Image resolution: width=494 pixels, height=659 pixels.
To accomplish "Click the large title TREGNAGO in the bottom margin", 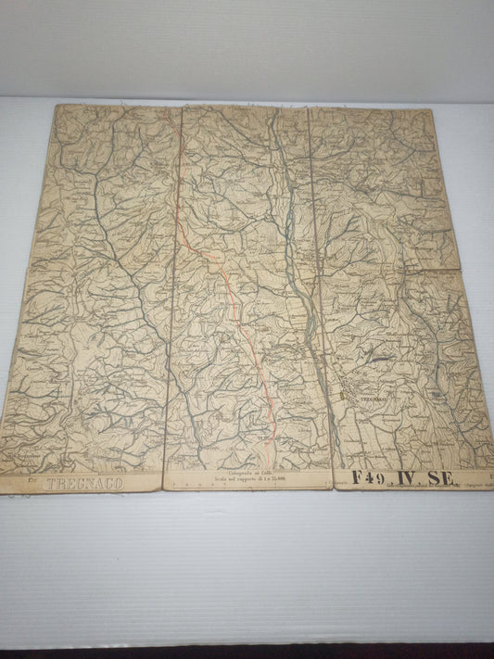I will tap(83, 484).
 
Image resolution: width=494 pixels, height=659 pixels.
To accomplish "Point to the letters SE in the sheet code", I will tap(441, 478).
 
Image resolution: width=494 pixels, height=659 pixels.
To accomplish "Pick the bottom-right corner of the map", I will tap(492, 488).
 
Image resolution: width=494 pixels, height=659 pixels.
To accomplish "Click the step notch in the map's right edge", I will tap(457, 270).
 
